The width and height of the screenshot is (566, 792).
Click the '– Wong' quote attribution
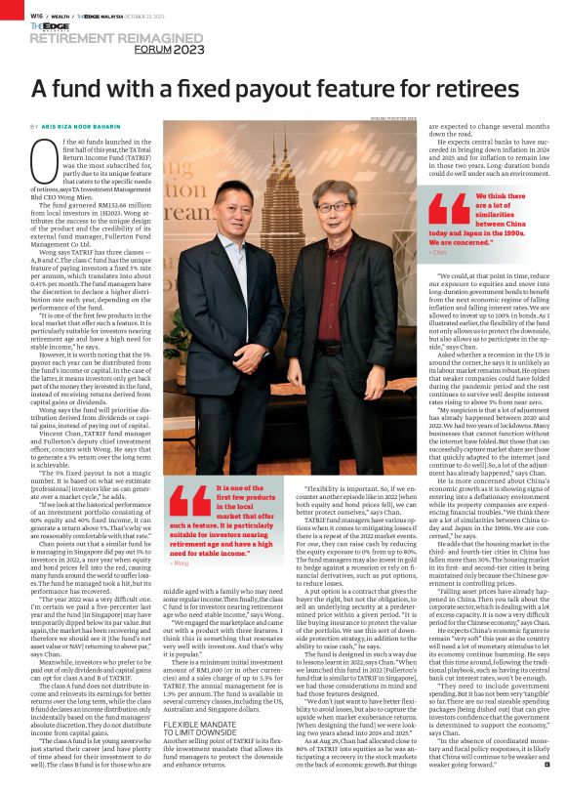tap(178, 563)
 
